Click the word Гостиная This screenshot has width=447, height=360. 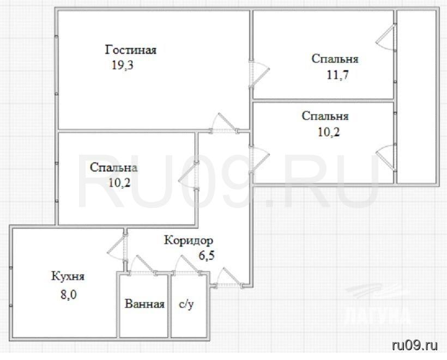click(131, 50)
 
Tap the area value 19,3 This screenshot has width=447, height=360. click(122, 65)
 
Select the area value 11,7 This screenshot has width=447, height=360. click(337, 75)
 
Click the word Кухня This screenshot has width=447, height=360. click(68, 276)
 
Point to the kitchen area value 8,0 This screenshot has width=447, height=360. click(69, 295)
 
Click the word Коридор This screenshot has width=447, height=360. click(189, 241)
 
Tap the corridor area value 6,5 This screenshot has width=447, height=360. click(207, 255)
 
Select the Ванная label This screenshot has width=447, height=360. click(144, 304)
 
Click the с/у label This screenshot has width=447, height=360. click(186, 304)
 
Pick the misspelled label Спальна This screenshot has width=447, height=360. click(113, 167)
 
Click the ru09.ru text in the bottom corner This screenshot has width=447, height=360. click(415, 345)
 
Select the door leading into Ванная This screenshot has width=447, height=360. click(142, 265)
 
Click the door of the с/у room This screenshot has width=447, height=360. click(188, 265)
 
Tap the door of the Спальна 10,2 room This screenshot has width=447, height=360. click(188, 176)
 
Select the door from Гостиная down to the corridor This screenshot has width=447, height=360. click(224, 123)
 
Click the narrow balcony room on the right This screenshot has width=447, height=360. click(416, 97)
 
